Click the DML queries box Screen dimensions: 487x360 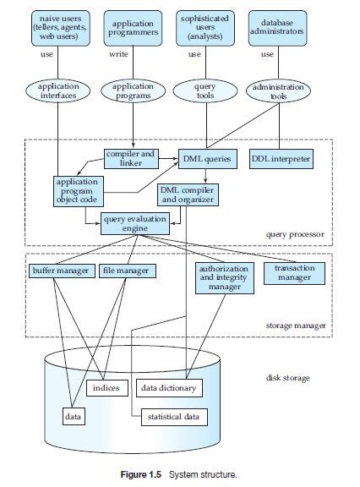point(208,157)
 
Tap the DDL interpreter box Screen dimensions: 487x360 point(282,157)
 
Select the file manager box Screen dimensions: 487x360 point(127,271)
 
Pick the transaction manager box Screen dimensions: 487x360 point(294,273)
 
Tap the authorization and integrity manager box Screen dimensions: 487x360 point(224,278)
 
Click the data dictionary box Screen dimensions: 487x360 point(168,388)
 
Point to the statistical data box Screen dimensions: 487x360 point(173,417)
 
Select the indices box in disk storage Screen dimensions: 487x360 point(106,388)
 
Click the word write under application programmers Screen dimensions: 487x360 point(119,54)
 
